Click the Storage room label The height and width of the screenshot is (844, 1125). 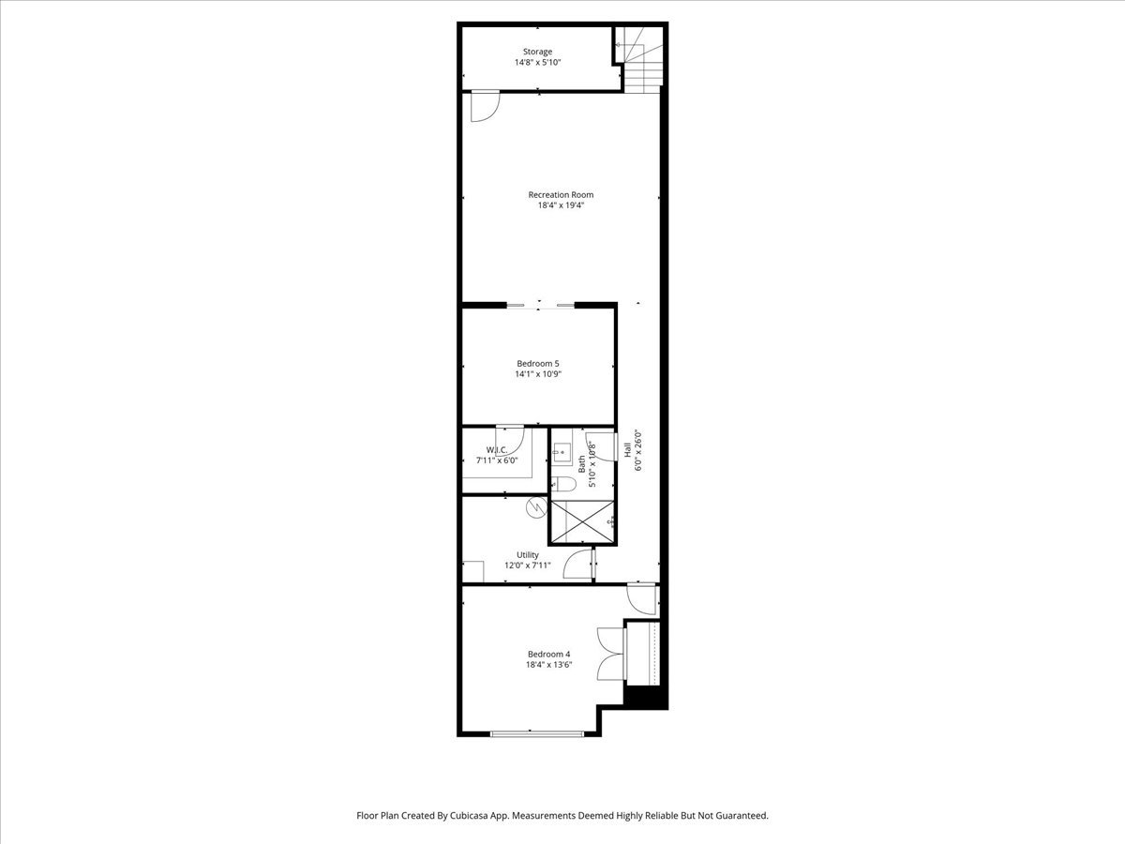(x=537, y=52)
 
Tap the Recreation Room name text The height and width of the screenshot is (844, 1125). (x=561, y=195)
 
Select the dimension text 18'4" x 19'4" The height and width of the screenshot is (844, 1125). (x=561, y=205)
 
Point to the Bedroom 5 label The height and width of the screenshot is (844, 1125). (x=537, y=363)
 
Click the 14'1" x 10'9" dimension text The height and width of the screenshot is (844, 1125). (x=537, y=374)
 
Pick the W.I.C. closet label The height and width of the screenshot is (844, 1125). (x=497, y=450)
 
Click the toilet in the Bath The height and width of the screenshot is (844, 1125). (x=563, y=483)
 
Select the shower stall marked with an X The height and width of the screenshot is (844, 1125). (x=582, y=521)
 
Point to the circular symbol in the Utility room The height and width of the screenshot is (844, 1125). (x=536, y=507)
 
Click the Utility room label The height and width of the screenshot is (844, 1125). (x=528, y=555)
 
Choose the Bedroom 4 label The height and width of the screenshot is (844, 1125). (x=549, y=655)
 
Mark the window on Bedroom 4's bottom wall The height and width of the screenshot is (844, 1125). (x=536, y=734)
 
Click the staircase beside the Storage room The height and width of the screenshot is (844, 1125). (x=638, y=60)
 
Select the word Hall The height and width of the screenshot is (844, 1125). (x=627, y=450)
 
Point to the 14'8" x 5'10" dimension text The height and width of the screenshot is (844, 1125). (x=537, y=63)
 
